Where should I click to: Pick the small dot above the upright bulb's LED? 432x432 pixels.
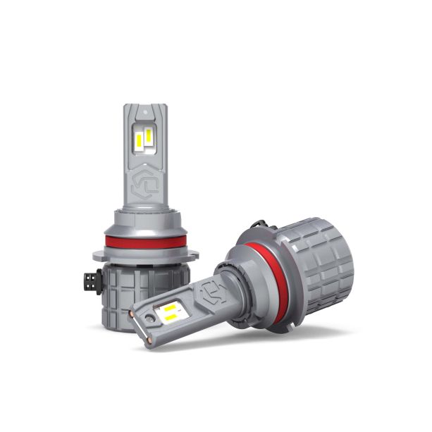coord(145,112)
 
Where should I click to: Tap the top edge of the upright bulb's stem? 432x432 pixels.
coord(145,106)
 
